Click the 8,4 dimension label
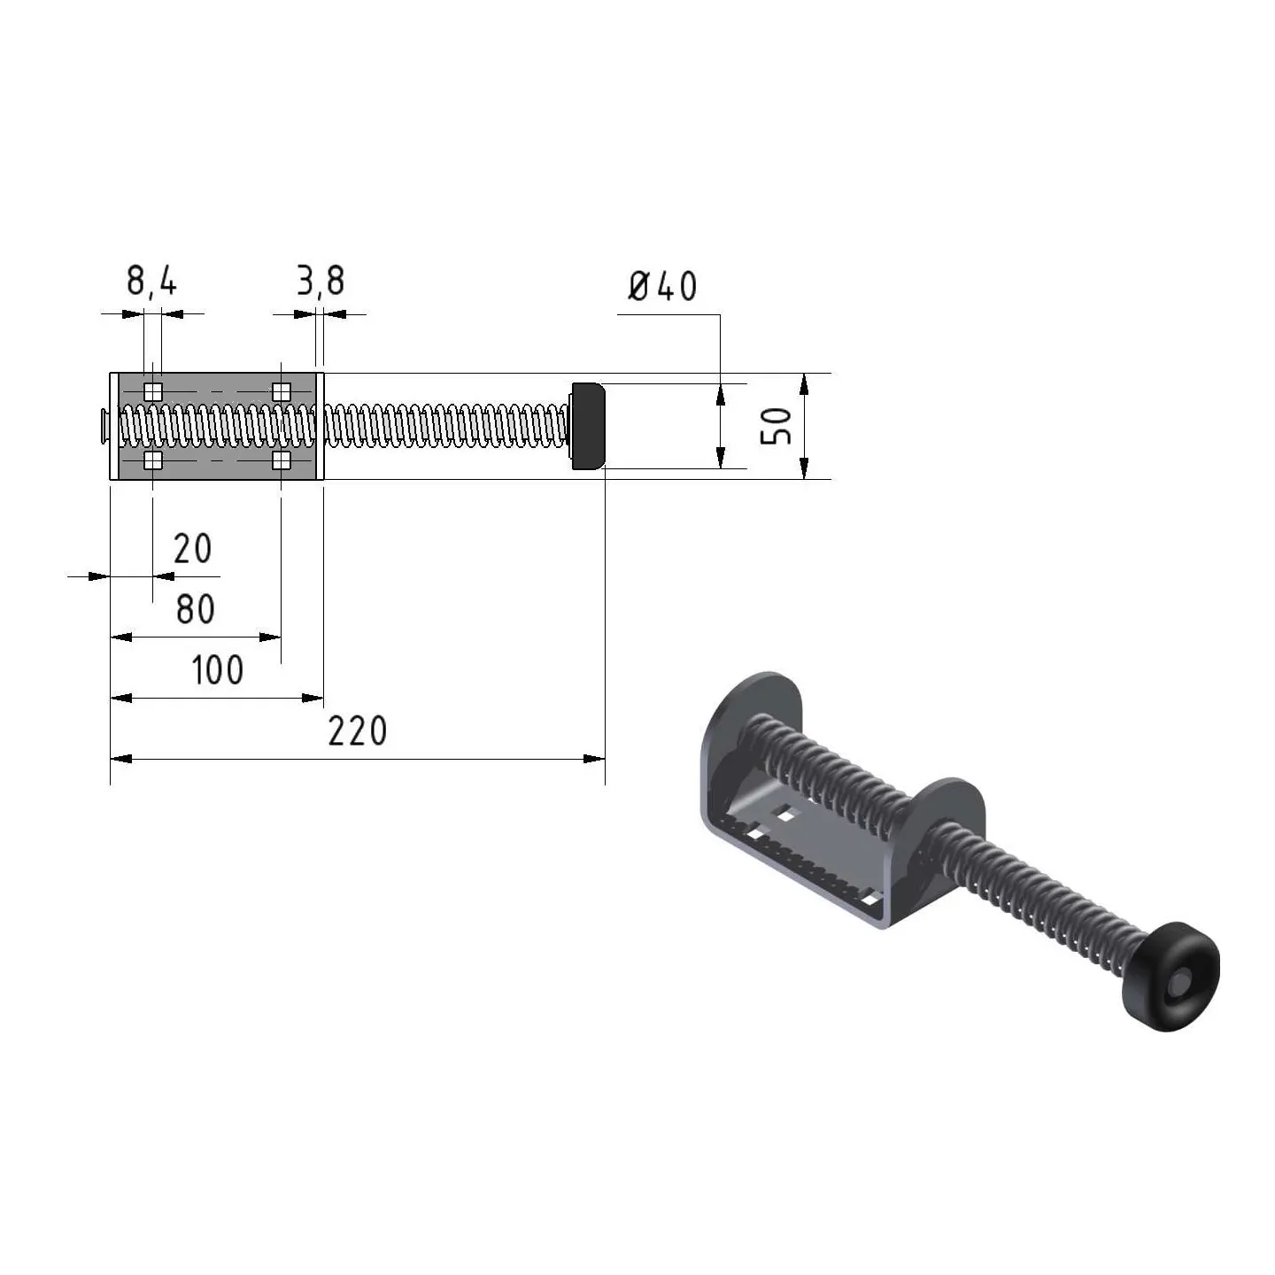pos(151,282)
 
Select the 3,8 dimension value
pos(321,282)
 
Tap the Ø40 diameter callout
pos(661,287)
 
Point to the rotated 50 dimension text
pos(776,426)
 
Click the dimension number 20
pos(192,548)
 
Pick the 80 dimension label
pos(195,609)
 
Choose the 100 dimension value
pos(218,669)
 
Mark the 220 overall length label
pos(358,731)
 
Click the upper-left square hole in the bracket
pos(153,391)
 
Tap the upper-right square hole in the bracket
pos(282,391)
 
